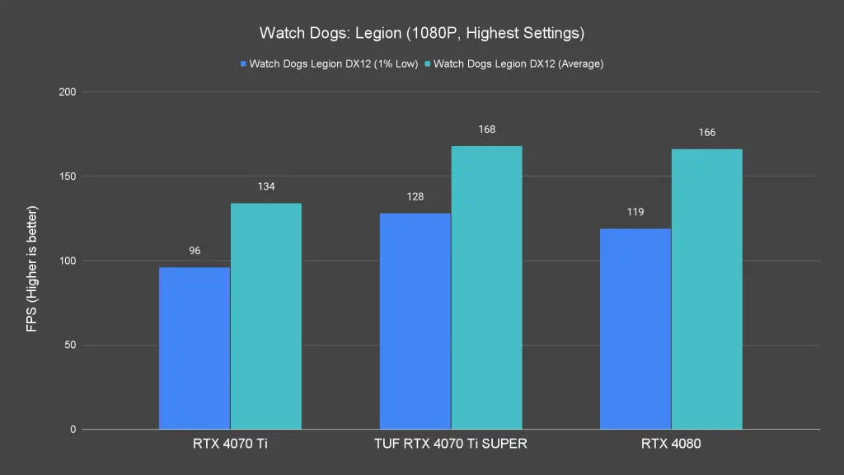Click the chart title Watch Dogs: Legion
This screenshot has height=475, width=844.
422,34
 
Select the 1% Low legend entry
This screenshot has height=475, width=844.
330,63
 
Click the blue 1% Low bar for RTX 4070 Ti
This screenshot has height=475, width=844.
195,348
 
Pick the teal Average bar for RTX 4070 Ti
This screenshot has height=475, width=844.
265,316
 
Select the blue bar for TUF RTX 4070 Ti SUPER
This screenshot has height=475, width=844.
415,322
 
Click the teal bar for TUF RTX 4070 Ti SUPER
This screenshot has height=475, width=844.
486,287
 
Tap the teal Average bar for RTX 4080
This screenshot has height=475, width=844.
706,289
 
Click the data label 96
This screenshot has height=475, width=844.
195,251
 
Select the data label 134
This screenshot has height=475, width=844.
265,186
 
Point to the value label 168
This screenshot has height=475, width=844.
486,129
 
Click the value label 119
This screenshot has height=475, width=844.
635,212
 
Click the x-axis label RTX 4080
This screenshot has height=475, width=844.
670,443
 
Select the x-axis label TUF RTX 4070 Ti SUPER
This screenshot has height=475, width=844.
450,443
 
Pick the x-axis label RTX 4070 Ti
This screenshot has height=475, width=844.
230,443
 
